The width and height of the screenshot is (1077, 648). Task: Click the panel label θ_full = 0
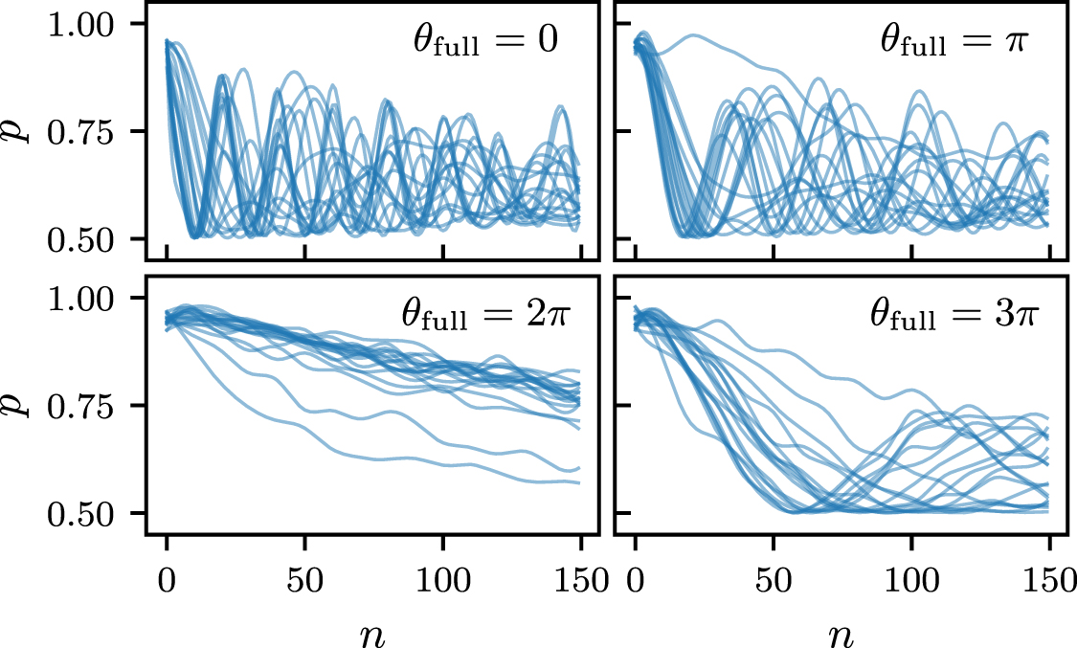click(479, 43)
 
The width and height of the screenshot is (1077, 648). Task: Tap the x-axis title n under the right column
click(840, 631)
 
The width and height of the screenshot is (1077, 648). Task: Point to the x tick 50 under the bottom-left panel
click(304, 580)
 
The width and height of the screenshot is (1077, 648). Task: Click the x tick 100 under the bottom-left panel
click(443, 580)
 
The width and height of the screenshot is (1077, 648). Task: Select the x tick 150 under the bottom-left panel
click(577, 580)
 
